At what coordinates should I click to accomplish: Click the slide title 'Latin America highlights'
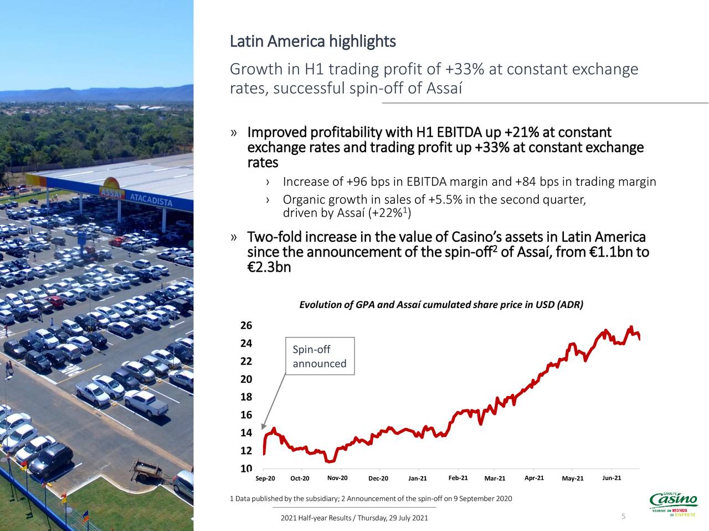(312, 41)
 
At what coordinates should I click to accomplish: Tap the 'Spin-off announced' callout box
(320, 356)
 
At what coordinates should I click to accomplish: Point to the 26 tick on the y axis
(246, 325)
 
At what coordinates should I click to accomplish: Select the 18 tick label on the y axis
(246, 397)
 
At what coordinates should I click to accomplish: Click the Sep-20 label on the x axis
(265, 478)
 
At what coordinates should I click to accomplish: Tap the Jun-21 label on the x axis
(611, 478)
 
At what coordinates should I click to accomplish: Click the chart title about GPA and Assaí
(441, 305)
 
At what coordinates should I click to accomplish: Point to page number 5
(623, 517)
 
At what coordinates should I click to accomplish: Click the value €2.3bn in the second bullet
(269, 268)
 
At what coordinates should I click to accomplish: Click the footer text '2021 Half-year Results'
(316, 518)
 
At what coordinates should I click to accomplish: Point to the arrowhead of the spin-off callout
(264, 427)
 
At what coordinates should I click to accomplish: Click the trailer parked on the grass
(147, 470)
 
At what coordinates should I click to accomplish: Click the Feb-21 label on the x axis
(458, 478)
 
